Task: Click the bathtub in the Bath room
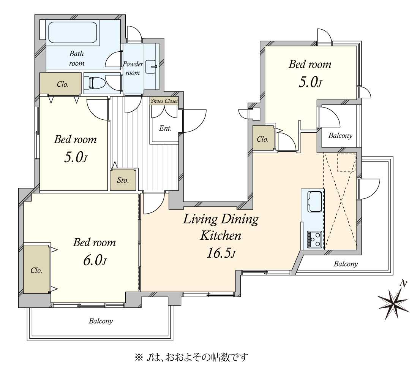[72, 32]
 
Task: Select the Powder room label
[133, 68]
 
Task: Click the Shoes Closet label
[164, 101]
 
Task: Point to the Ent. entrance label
[165, 128]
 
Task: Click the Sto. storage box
[123, 180]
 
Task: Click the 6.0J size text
[94, 260]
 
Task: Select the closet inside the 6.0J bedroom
[36, 270]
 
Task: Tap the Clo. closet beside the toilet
[61, 84]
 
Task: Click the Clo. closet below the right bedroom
[263, 139]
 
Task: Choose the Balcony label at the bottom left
[101, 321]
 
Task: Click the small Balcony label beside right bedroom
[340, 136]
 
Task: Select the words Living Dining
[221, 219]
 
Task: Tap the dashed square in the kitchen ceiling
[346, 162]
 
